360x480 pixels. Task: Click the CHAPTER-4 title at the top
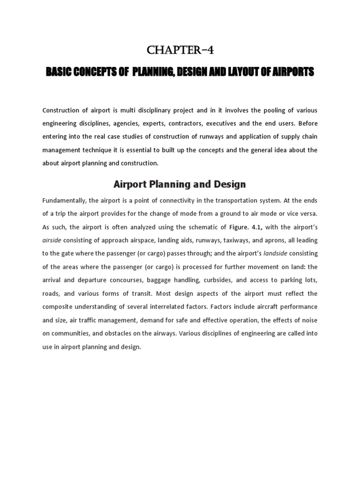click(180, 50)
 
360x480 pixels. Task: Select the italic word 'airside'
click(52, 240)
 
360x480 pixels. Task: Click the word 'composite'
click(58, 307)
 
